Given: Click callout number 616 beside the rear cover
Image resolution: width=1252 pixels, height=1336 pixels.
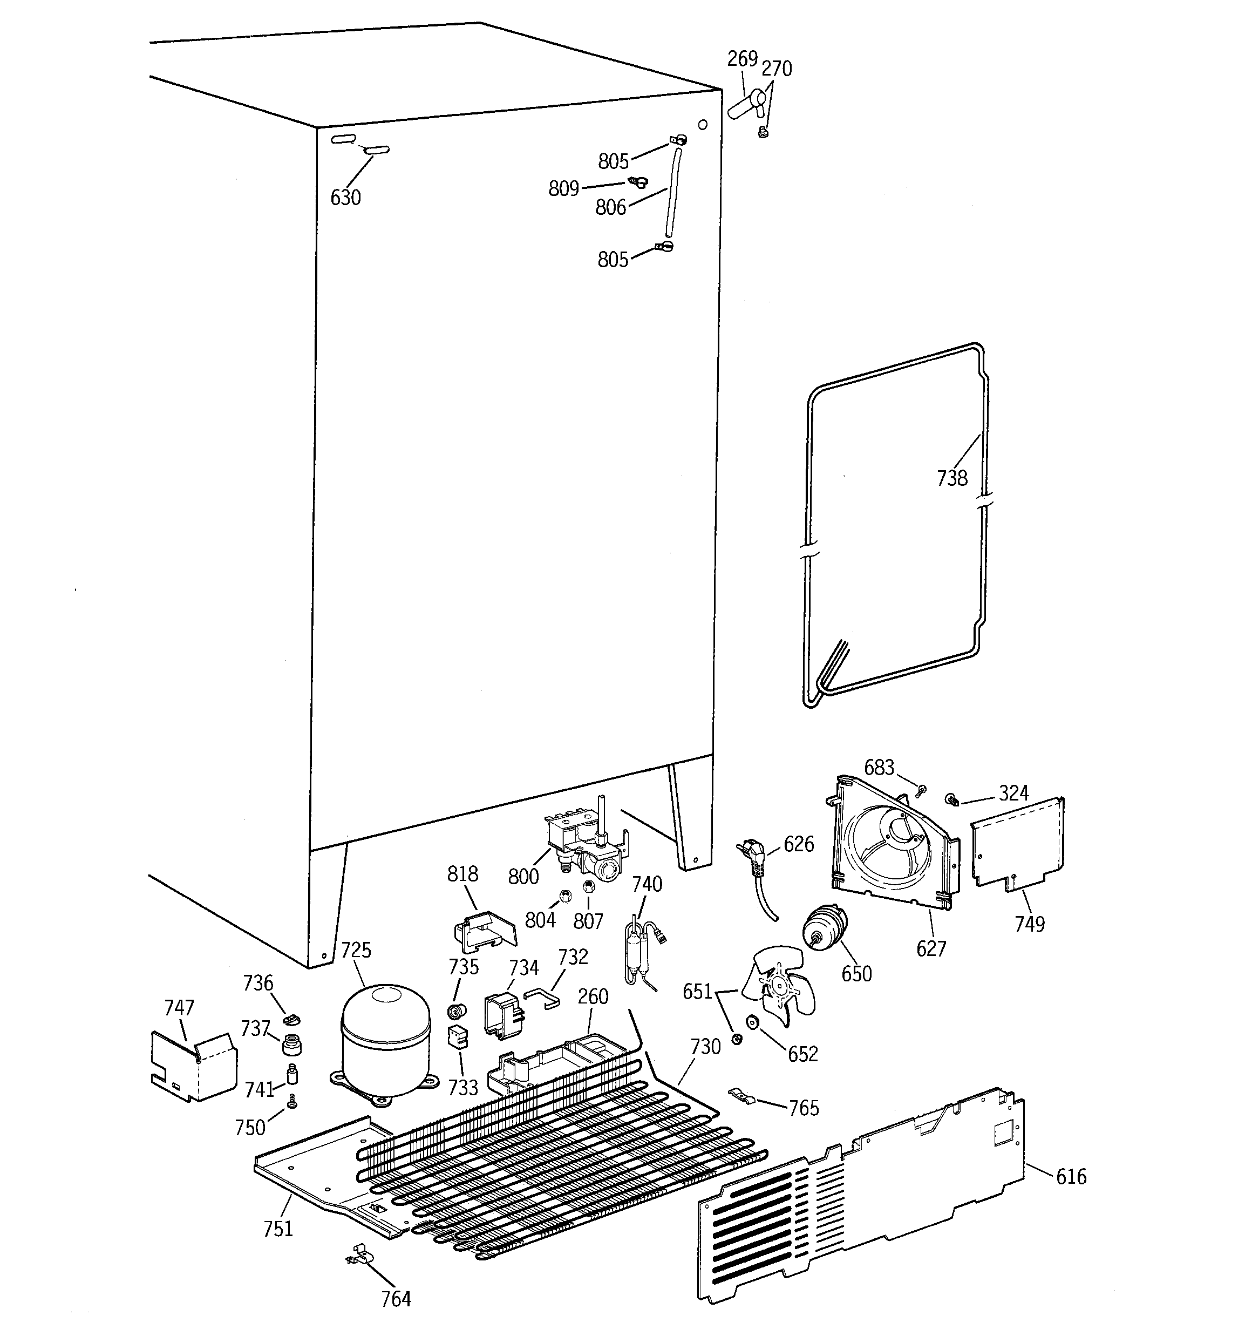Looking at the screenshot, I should (x=1071, y=1176).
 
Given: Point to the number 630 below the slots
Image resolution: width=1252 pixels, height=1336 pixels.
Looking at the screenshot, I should (x=345, y=198).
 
